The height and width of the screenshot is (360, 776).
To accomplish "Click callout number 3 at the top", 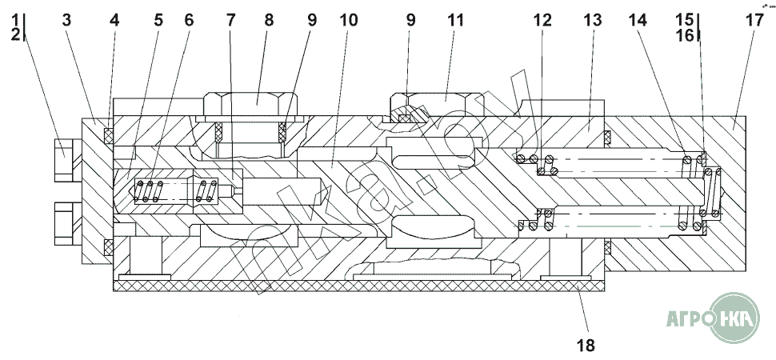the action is coord(66,20).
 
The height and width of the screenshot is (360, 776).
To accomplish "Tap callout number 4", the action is coord(114,20).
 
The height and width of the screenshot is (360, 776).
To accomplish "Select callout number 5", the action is coord(158,20).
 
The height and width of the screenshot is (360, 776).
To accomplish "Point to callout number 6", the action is coord(189,20).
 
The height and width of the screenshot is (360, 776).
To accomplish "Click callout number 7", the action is coord(231,20).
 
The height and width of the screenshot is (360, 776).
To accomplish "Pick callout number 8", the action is coord(269,20).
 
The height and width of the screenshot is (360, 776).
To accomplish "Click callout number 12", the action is coord(542,20).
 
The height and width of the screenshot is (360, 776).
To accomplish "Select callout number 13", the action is coord(592,20).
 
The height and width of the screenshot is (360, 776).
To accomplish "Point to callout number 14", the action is coord(638,20).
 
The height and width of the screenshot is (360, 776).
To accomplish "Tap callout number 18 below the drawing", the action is coord(586,345).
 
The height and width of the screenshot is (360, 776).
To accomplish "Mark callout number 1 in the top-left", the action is coord(17,20).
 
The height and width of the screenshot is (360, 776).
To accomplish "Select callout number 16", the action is coord(686,34).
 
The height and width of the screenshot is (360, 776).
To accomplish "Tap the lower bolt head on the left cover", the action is coord(63,224).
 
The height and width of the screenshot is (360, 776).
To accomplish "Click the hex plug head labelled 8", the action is coord(251,104).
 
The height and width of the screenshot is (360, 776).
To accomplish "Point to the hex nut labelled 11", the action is coord(437,104).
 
